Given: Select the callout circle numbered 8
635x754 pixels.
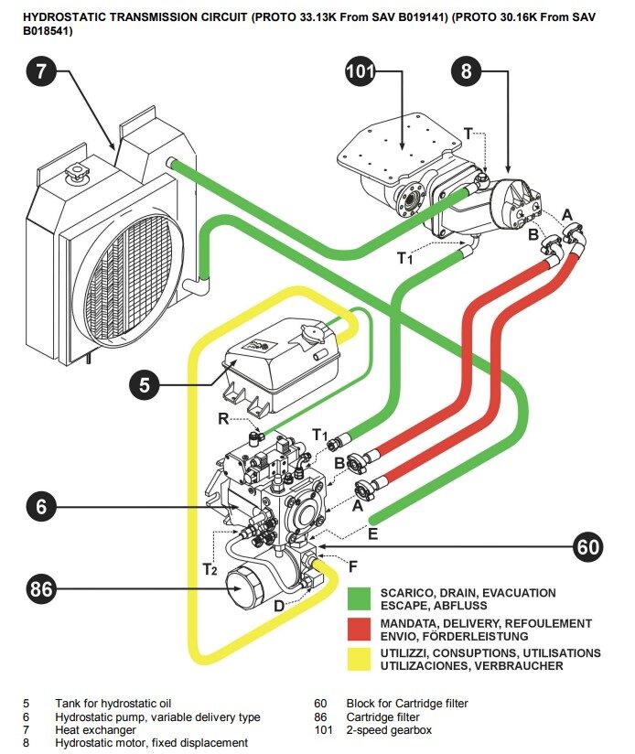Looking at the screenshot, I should pos(467,72).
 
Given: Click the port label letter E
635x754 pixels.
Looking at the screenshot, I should pos(372,530).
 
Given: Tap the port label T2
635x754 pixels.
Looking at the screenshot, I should pos(210,569).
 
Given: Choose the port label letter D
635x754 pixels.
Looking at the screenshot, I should pos(279,606).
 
